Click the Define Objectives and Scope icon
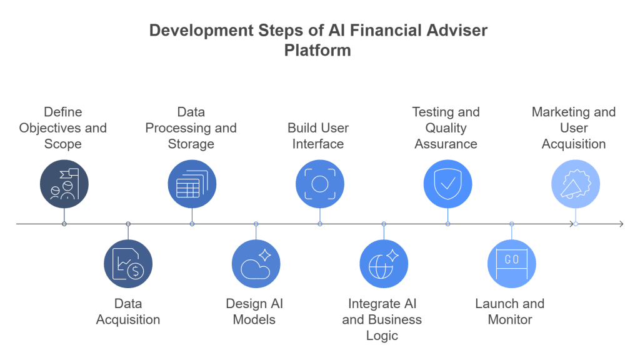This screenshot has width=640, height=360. click(x=64, y=184)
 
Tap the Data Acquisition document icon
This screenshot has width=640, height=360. click(x=127, y=263)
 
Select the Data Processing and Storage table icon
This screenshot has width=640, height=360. click(x=192, y=184)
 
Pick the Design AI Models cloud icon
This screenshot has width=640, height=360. click(x=256, y=263)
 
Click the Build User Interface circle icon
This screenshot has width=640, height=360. click(x=319, y=184)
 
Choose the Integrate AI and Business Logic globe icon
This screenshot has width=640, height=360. click(x=384, y=263)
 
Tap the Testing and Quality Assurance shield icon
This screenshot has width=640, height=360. click(x=447, y=184)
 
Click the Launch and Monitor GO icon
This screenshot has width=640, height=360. click(x=511, y=263)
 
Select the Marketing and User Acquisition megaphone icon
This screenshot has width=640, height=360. click(x=575, y=184)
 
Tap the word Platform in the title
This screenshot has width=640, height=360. click(x=317, y=51)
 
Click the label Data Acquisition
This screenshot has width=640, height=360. click(x=127, y=311)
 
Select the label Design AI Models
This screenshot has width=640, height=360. click(x=254, y=311)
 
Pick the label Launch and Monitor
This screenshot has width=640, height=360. click(x=509, y=311)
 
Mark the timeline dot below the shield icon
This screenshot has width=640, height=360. click(x=447, y=223)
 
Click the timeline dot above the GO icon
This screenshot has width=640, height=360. click(x=511, y=223)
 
